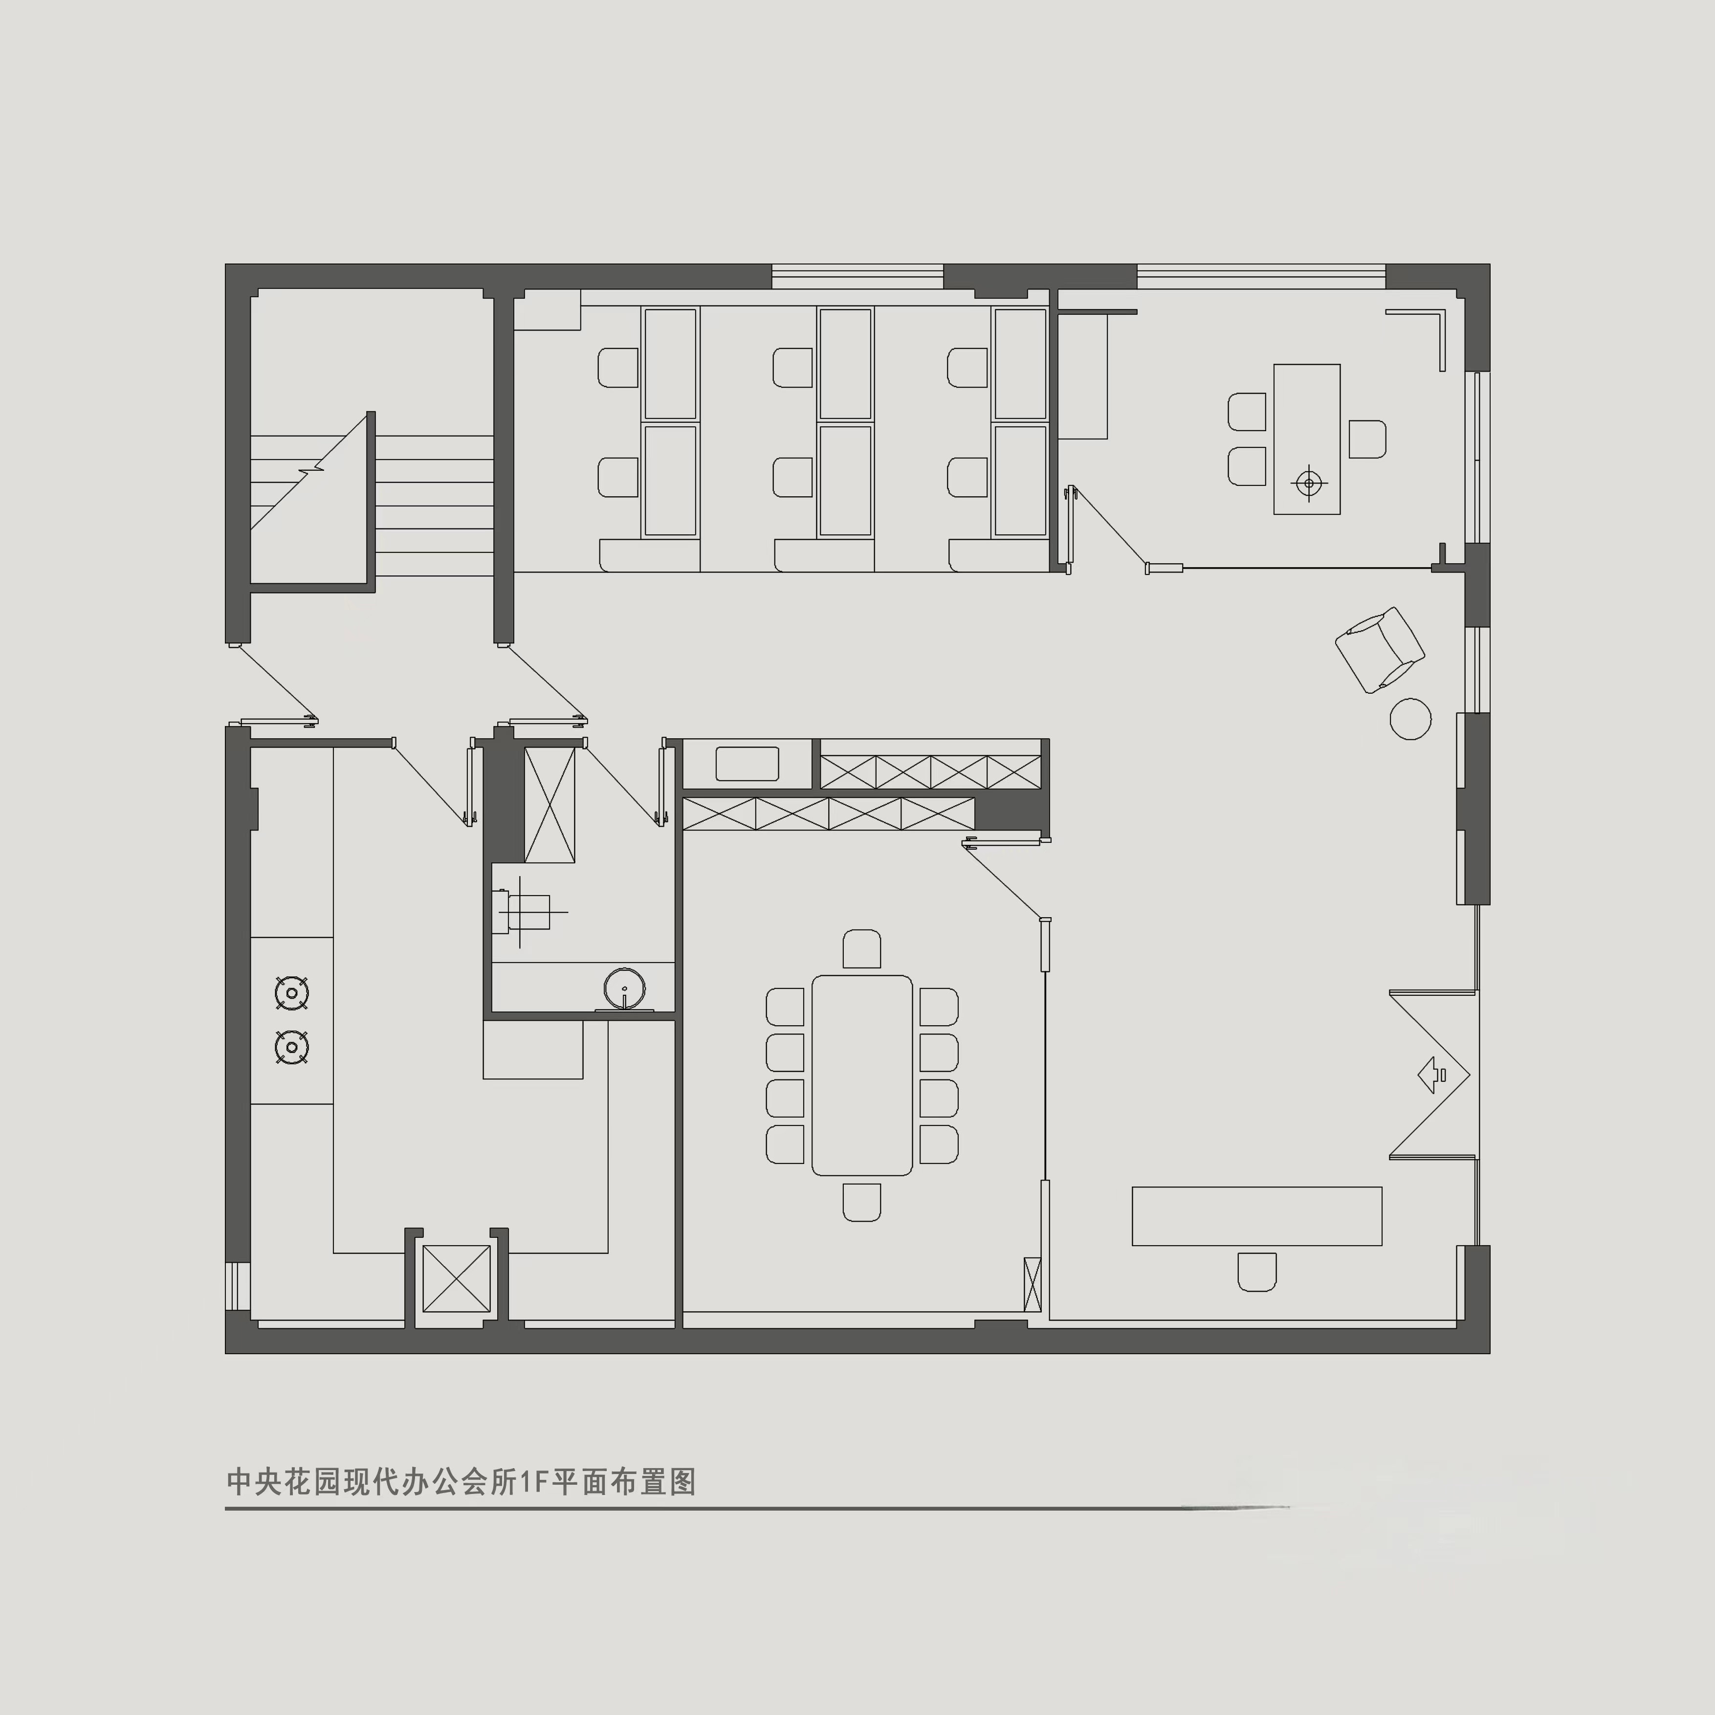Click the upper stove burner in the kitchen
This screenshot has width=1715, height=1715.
[x=292, y=992]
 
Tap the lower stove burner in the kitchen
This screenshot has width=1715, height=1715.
[x=292, y=1048]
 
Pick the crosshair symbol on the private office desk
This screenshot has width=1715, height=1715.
[x=1309, y=484]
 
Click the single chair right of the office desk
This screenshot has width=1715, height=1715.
[x=1367, y=440]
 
